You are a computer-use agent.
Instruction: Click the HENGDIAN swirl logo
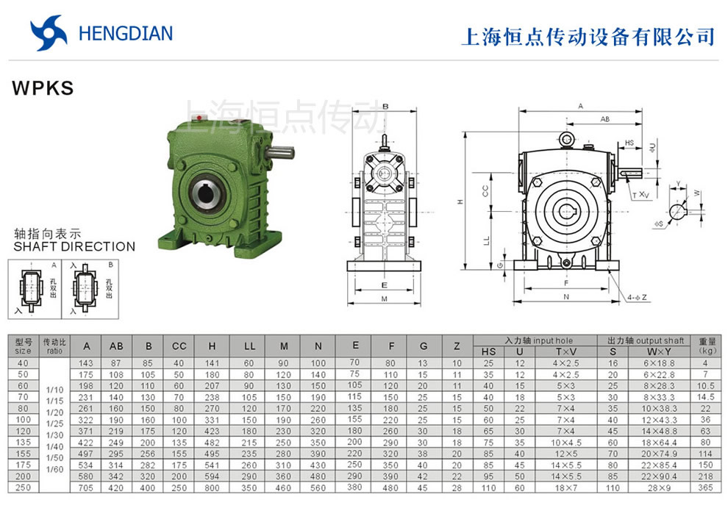point(49,32)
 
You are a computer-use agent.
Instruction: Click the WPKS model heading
point(43,88)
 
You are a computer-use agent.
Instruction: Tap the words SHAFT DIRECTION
point(74,246)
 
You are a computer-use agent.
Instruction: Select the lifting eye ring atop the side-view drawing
point(566,139)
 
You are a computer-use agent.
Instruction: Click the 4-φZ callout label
point(638,298)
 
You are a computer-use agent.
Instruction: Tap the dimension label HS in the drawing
point(629,143)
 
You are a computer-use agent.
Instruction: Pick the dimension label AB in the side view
point(604,119)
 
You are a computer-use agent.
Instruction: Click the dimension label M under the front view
point(385,299)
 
